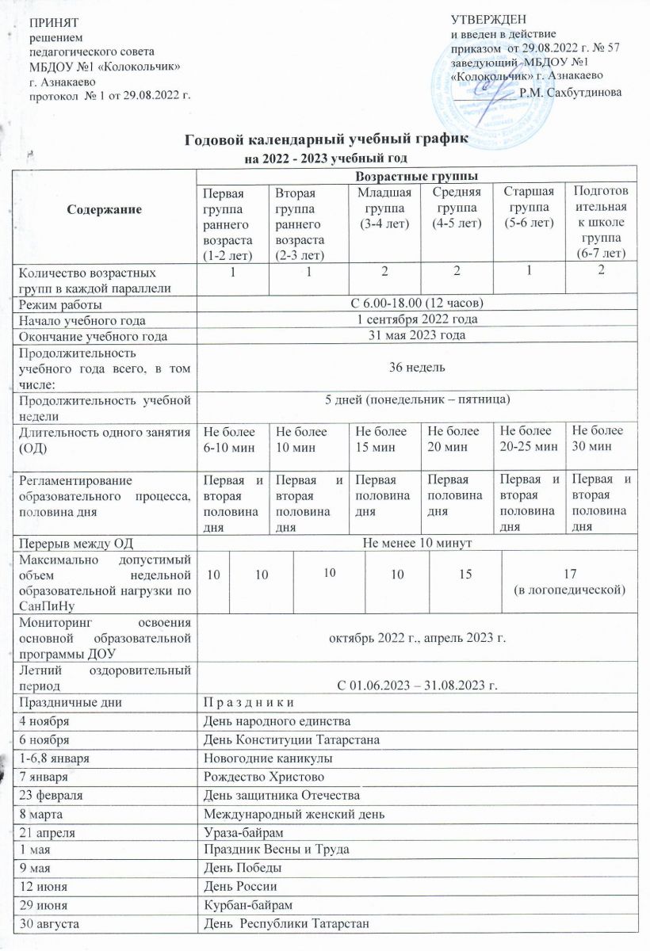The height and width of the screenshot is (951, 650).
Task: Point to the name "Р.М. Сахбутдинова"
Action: (x=570, y=92)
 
